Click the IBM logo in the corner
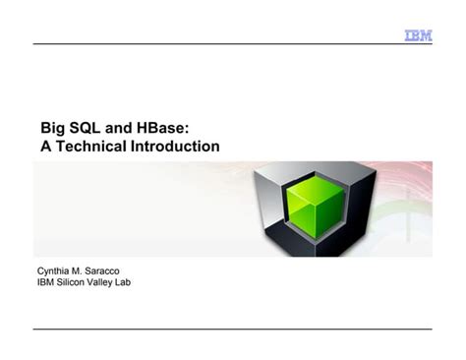[417, 36]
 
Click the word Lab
[134, 282]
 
